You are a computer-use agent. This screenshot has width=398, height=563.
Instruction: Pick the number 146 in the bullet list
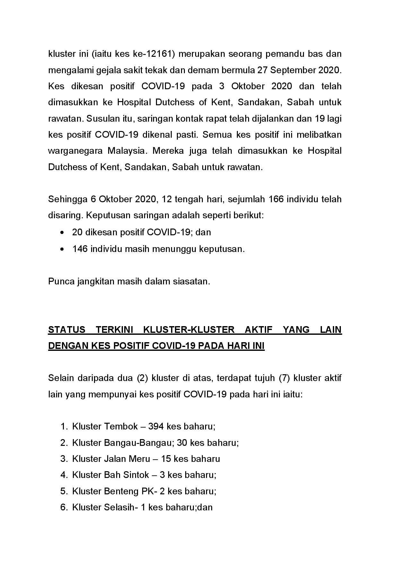click(80, 249)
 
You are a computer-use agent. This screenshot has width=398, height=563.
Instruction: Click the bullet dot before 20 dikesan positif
click(62, 232)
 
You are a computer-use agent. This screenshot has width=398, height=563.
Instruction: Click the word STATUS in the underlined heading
click(66, 330)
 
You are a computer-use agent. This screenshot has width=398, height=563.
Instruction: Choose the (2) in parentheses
click(142, 378)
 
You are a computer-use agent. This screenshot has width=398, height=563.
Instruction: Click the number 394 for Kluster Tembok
click(156, 427)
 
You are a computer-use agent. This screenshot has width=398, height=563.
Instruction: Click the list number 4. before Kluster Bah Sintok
click(64, 475)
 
